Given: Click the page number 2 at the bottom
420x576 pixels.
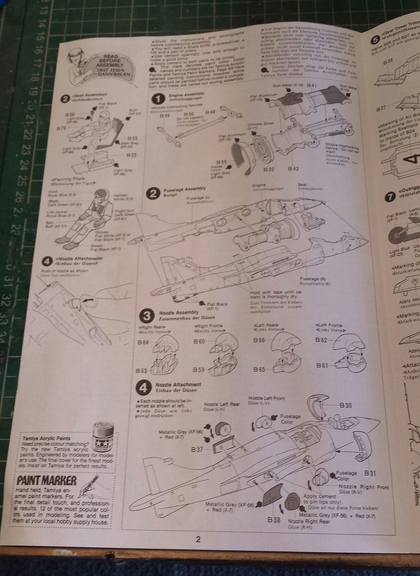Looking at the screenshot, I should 198,538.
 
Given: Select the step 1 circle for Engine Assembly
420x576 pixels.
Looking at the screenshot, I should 158,99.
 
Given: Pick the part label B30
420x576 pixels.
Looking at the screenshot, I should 346,405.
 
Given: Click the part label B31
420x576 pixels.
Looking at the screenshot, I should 370,473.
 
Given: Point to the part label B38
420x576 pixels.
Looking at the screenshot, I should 274,519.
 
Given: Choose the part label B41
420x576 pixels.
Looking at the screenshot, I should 312,85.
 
